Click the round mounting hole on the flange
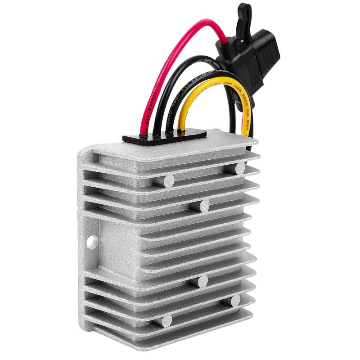tap(92, 242)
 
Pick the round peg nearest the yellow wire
tap(240, 169)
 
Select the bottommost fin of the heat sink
tap(180, 335)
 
